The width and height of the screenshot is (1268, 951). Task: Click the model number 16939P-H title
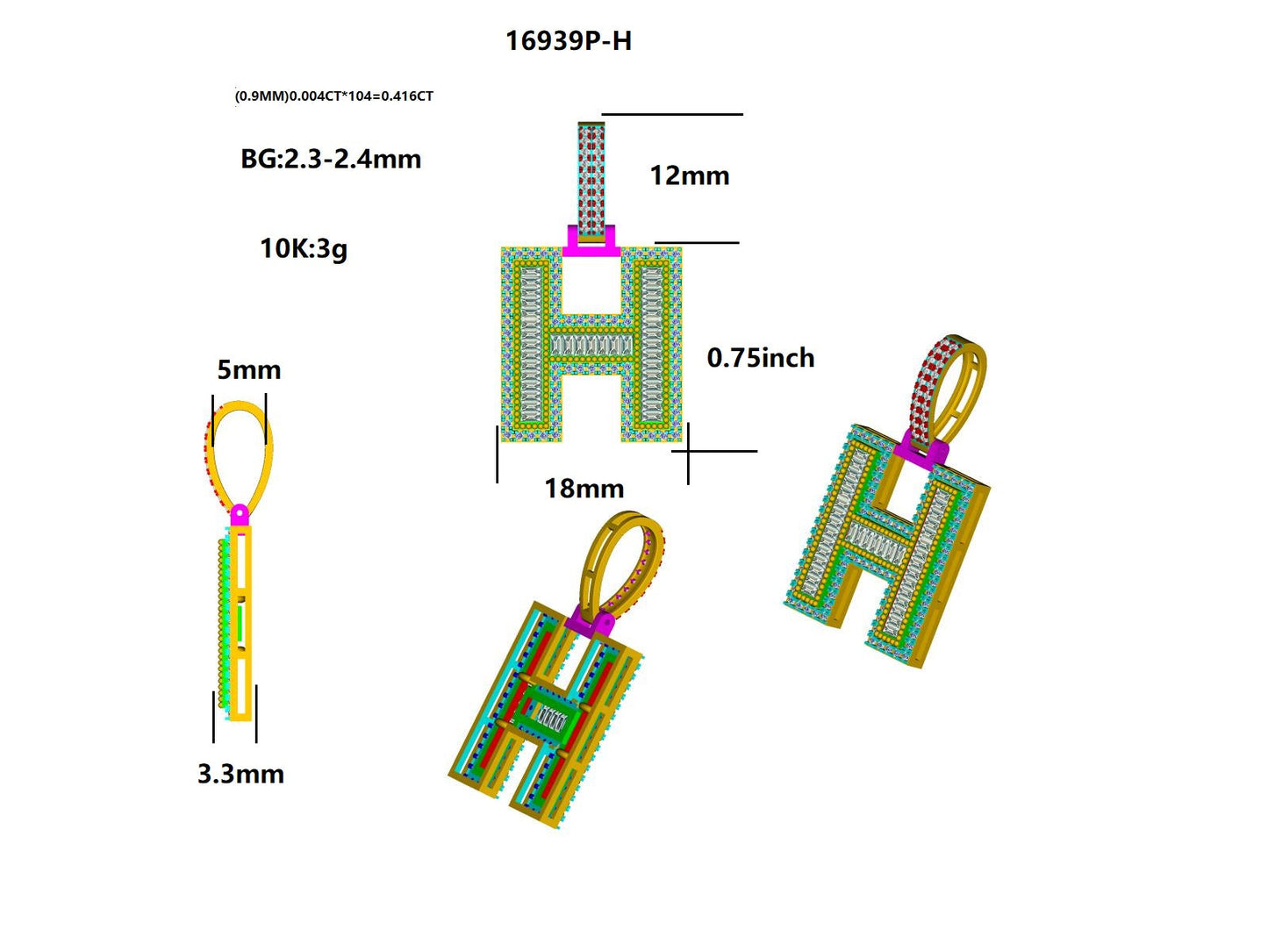pos(568,40)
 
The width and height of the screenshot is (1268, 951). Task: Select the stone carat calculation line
pos(333,96)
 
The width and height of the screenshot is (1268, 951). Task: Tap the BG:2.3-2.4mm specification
pos(331,159)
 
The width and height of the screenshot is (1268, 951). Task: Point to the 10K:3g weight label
pos(303,248)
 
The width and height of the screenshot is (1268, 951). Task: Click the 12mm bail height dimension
pos(689,175)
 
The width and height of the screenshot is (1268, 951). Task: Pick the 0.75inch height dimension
pos(760,358)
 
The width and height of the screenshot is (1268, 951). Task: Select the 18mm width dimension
pos(584,489)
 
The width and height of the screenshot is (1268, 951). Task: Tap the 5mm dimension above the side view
pos(248,370)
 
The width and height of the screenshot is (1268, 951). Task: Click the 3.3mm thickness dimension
pos(240,774)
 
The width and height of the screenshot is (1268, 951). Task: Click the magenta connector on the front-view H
pos(591,242)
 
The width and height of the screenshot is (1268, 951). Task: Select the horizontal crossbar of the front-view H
pos(591,346)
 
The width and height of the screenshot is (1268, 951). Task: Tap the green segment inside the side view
pos(240,623)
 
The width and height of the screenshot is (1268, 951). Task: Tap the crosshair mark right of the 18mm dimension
pos(688,452)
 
